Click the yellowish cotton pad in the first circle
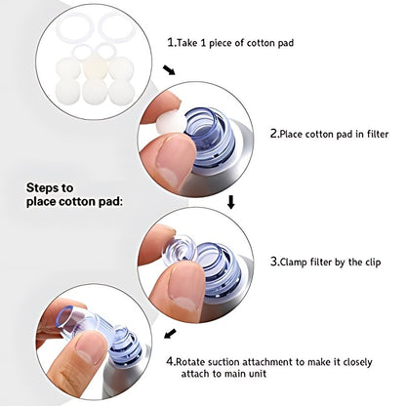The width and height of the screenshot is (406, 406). point(94,66)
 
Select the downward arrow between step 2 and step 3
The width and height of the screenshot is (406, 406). point(231,203)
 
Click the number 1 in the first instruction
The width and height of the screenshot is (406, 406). point(170,43)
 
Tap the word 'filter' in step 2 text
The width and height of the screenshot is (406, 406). point(372,134)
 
